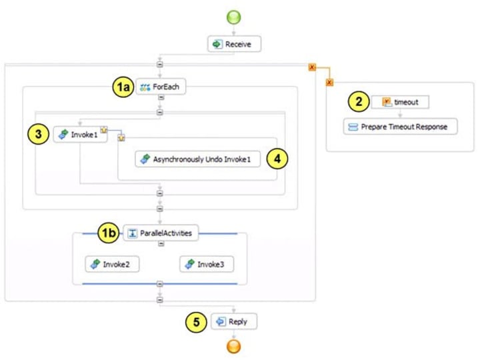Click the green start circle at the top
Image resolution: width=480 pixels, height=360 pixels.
[234, 17]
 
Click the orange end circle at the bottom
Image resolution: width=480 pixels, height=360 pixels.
[234, 346]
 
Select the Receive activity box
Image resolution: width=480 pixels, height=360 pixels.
[234, 44]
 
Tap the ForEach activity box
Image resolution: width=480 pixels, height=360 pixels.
[160, 87]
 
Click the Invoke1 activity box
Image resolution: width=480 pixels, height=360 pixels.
[80, 134]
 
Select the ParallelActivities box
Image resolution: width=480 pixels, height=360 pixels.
[160, 233]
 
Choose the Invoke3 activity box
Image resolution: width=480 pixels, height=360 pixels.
[206, 264]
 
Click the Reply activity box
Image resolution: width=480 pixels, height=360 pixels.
[233, 321]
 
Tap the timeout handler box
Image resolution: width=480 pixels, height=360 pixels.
[399, 102]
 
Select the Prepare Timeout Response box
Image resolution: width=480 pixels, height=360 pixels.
[400, 126]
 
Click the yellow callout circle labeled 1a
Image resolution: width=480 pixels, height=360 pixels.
[122, 87]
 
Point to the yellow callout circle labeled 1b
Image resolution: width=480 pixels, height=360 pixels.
[109, 233]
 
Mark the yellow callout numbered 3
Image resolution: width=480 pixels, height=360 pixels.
[39, 134]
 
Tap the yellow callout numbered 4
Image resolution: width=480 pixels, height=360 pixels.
[276, 159]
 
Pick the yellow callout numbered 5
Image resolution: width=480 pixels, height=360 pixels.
[195, 321]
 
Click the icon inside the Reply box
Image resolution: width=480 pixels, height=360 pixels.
[220, 321]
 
